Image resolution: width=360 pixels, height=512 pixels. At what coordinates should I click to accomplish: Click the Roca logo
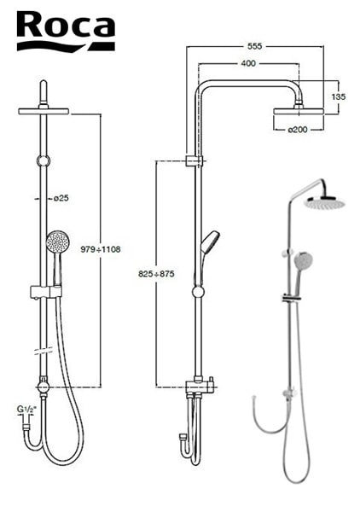(66, 31)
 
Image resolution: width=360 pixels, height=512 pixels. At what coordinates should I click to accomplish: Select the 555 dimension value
(254, 46)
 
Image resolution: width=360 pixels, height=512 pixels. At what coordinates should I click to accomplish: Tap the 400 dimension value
(248, 63)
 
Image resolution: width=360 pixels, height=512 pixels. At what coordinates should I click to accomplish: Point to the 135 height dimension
(338, 96)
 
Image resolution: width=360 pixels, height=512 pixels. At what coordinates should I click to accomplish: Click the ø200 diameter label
(298, 130)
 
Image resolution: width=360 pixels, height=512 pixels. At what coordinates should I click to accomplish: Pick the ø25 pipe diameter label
(61, 198)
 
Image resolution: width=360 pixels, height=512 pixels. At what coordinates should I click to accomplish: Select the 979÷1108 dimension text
(101, 249)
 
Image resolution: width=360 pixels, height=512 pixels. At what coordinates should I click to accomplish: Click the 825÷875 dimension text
(156, 274)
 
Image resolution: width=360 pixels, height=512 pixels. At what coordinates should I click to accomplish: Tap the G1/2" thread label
(26, 409)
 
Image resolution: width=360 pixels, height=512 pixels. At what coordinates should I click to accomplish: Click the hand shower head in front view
(58, 241)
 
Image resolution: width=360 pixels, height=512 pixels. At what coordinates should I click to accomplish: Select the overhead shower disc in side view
(299, 111)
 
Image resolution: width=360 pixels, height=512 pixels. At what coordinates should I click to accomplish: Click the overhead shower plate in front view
(44, 111)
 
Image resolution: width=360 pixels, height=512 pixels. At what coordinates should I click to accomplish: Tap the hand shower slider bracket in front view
(46, 292)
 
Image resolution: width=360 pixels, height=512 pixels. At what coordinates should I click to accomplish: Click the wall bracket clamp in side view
(195, 161)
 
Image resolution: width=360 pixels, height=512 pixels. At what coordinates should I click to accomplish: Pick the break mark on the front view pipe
(44, 351)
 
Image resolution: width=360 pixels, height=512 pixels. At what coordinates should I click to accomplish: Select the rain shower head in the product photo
(324, 203)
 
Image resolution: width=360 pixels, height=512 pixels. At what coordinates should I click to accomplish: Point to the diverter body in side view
(200, 387)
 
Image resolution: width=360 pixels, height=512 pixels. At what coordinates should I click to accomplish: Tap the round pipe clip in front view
(44, 160)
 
